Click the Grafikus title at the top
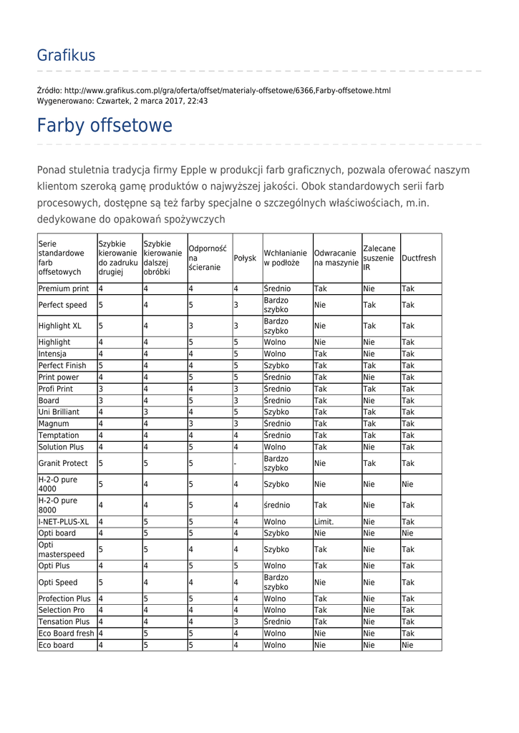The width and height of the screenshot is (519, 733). [66, 55]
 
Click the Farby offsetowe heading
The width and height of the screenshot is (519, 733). [105, 126]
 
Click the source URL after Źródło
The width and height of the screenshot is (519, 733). [228, 91]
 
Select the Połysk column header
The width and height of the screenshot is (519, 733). [245, 258]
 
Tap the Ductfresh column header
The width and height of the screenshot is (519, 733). [419, 258]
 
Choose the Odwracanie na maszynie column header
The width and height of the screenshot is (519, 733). [336, 258]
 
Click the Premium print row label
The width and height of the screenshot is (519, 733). [64, 288]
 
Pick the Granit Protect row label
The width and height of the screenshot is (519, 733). [63, 463]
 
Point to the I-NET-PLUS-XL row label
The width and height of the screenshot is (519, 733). [64, 522]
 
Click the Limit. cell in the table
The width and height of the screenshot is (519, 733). [324, 522]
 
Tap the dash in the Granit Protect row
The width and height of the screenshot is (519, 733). [236, 463]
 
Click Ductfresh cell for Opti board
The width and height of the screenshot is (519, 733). [407, 533]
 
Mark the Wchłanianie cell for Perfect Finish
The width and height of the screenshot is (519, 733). [276, 365]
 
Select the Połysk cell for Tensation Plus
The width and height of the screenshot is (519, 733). [236, 621]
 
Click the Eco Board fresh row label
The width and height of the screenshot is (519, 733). [66, 634]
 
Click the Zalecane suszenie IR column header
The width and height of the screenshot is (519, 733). [379, 258]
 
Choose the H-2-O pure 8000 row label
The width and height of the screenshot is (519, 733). [58, 505]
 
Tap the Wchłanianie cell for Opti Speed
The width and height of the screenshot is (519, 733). [276, 583]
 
